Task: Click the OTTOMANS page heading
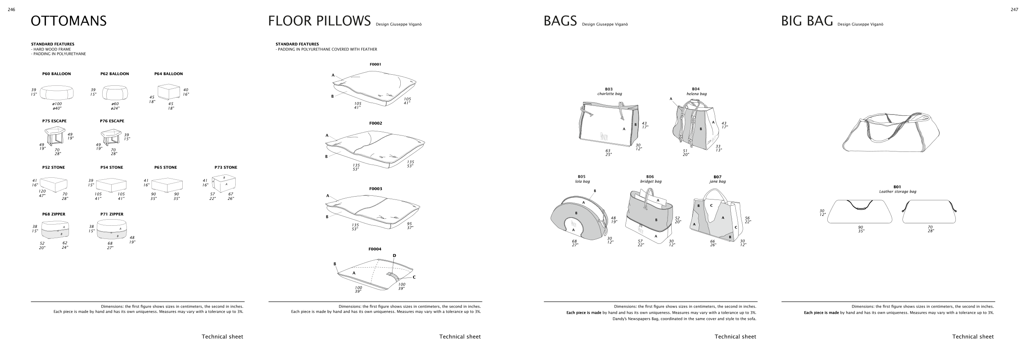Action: click(69, 21)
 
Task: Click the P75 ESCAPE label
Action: click(54, 121)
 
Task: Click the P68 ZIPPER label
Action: click(53, 214)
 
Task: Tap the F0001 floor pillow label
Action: click(375, 64)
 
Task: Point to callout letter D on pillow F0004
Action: click(394, 256)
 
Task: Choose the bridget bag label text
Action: click(651, 181)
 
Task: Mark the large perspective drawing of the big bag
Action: click(891, 133)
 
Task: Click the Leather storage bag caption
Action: click(897, 192)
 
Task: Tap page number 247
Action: click(1014, 10)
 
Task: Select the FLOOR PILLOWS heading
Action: click(319, 21)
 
